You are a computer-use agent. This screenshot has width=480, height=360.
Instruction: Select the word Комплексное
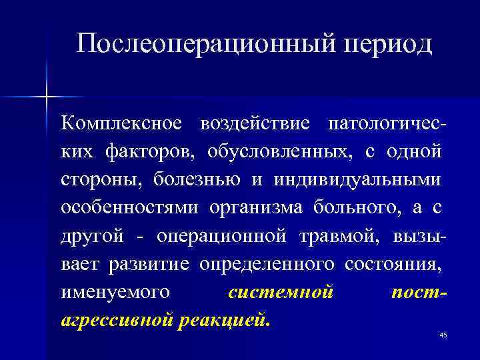click(x=121, y=124)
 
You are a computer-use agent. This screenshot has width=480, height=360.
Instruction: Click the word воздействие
click(x=255, y=124)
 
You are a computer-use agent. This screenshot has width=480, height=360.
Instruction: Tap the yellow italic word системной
click(x=279, y=293)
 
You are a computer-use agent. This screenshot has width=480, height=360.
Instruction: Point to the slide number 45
click(x=443, y=335)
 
